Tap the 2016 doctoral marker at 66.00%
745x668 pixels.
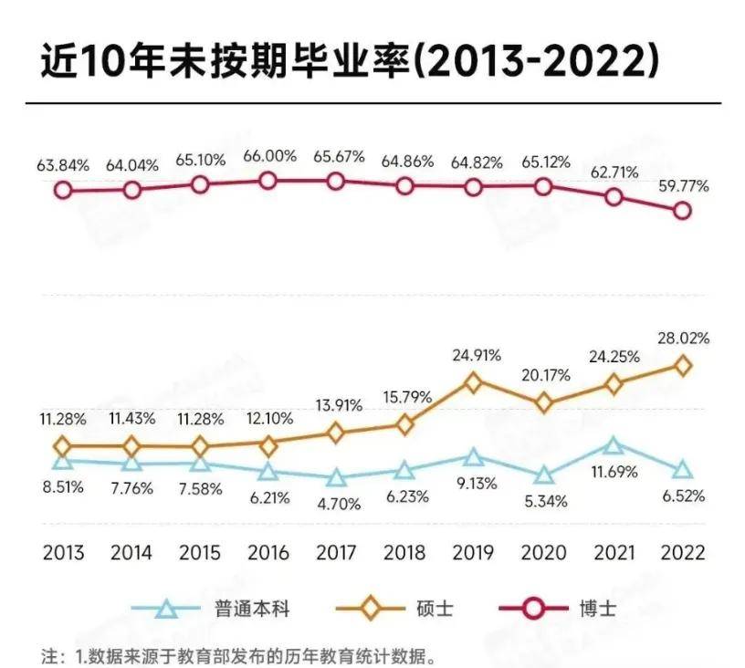click(x=268, y=181)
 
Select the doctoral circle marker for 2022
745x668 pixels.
click(x=681, y=211)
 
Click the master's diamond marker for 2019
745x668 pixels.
click(x=474, y=383)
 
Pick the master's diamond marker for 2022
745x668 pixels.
click(x=681, y=365)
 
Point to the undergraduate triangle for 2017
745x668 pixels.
click(x=337, y=478)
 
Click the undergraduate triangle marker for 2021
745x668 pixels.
click(x=614, y=446)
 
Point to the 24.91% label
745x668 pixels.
click(x=475, y=355)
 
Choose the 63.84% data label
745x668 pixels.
click(x=62, y=166)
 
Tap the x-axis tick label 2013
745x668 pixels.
click(x=62, y=553)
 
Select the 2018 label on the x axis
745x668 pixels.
click(x=404, y=553)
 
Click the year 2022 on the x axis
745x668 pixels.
click(x=681, y=553)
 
